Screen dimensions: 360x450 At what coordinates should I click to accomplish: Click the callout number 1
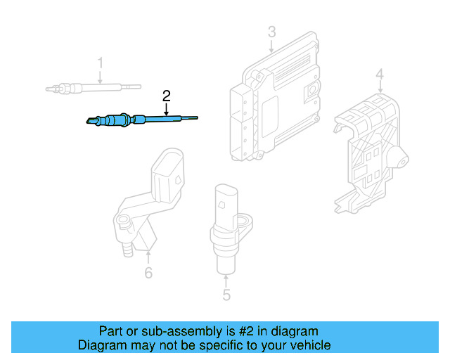coord(100,63)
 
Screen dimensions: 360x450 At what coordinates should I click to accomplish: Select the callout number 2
coord(166,94)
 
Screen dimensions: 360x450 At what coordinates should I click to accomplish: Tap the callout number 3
coord(271,32)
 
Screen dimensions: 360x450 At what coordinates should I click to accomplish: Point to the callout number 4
coord(379,75)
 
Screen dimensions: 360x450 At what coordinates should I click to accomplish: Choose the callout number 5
coord(226,295)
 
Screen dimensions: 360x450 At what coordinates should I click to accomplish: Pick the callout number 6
coord(148,273)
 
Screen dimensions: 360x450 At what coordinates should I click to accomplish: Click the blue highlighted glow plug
coord(141,121)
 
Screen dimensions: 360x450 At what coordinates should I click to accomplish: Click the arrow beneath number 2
coord(166,109)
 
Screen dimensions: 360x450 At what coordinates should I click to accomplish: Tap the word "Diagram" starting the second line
coord(102,345)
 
